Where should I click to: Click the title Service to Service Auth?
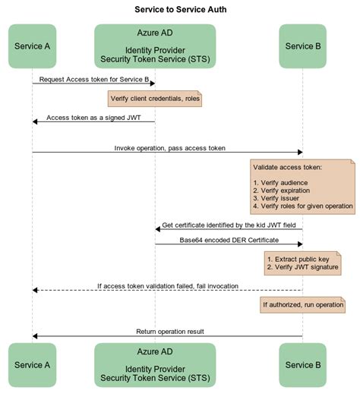coord(180,9)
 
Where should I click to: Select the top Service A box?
coord(33,46)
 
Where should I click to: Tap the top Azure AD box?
coord(155,46)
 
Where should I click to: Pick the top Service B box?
coord(303,46)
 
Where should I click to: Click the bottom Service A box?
coord(33,365)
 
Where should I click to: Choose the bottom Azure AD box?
coord(155,365)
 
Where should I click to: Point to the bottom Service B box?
coord(303,365)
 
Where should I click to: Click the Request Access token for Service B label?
coord(94,78)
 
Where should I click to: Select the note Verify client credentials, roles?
coord(155,99)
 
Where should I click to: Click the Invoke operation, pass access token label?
coord(169,148)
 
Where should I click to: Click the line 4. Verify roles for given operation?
coord(302,206)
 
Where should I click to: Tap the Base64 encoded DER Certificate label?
coord(229,241)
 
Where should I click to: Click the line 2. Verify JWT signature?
coord(303,268)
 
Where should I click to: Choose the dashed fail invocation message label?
coord(168,286)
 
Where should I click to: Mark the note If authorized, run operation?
coord(302,304)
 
